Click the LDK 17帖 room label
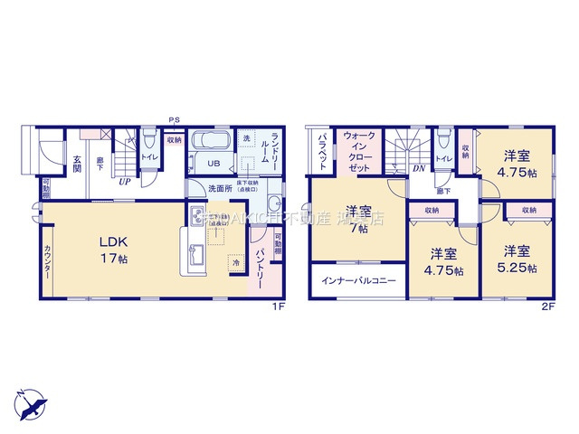point(114,249)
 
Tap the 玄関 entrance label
point(77,163)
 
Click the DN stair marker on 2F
point(419,169)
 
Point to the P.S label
point(173,118)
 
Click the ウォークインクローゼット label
point(357,153)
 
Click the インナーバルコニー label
point(359,281)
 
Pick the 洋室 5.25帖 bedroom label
point(517,259)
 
